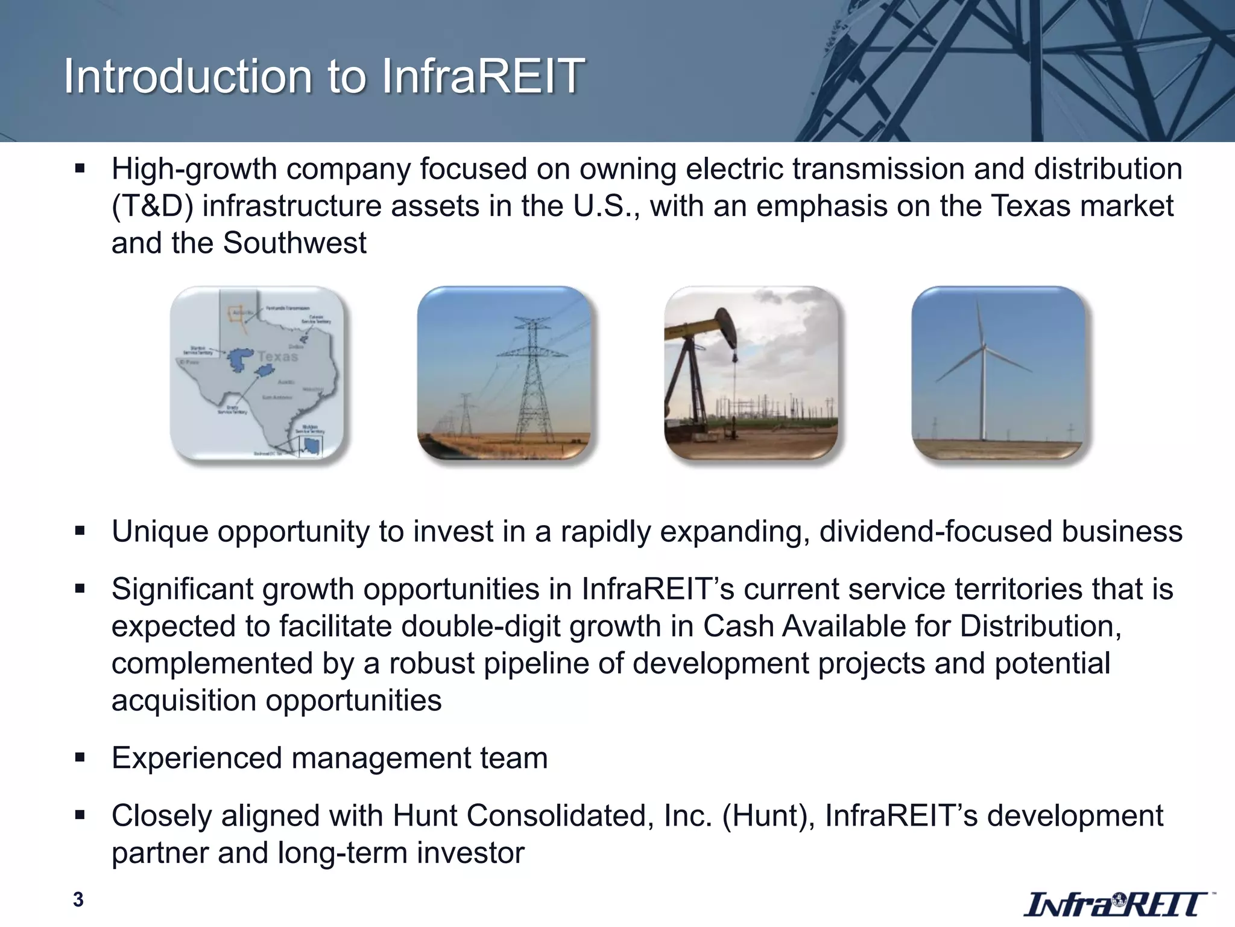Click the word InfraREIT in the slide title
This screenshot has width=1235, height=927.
point(483,77)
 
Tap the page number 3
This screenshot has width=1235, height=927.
point(78,900)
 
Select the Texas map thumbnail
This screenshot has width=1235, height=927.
point(257,372)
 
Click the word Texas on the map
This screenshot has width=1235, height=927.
point(277,356)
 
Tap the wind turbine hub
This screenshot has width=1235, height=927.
point(984,347)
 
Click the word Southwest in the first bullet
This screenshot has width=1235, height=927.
point(294,243)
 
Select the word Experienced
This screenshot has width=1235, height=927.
point(197,758)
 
